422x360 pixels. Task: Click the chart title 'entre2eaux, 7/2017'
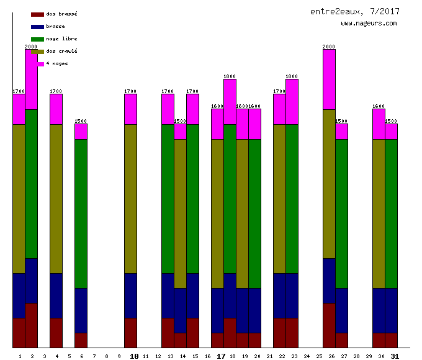point(355,11)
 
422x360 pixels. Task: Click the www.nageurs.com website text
point(369,24)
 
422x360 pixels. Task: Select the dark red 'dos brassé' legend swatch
point(37,14)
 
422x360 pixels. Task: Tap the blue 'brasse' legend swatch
point(37,27)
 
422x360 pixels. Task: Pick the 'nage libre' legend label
point(61,39)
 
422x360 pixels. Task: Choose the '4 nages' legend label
point(57,64)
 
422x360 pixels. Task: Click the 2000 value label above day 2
point(31,47)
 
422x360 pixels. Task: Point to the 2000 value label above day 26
point(329,47)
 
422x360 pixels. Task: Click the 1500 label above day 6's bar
point(81,121)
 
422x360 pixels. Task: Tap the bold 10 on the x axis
point(134,356)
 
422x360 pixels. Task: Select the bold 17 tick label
point(221,356)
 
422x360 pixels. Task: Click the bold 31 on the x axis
point(395,356)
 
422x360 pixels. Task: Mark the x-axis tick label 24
point(307,356)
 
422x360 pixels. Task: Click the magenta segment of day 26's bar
point(329,79)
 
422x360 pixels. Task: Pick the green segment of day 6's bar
point(81,214)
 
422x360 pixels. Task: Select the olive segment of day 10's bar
point(130,199)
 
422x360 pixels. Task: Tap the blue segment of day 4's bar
point(56,295)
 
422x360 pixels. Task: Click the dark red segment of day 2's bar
point(31,325)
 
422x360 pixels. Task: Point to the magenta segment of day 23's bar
point(292,102)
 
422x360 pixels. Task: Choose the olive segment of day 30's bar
point(379,214)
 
